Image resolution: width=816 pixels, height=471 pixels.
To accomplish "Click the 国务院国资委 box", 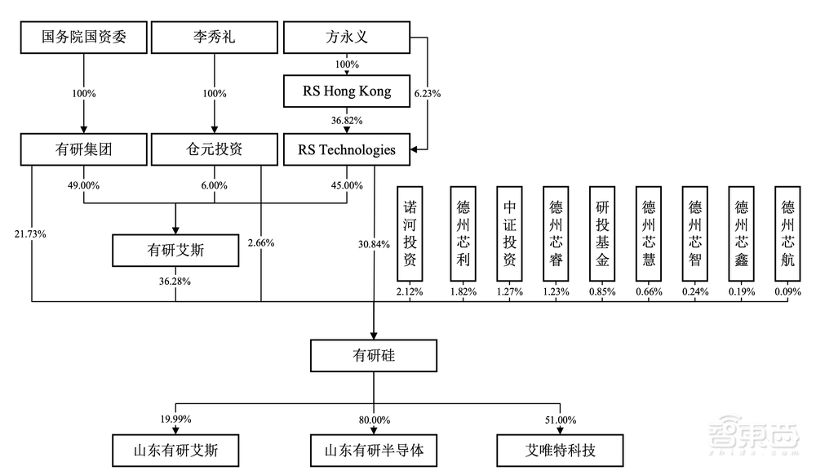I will coord(84,37).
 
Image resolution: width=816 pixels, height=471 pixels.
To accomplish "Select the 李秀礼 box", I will coord(215,37).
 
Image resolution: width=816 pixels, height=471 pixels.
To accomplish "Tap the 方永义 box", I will coord(348,37).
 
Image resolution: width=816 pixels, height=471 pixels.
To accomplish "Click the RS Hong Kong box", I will coord(348,91).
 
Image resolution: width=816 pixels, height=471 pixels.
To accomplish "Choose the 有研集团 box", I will coord(84,150).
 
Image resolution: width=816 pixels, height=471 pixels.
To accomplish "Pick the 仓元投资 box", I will coord(215,150).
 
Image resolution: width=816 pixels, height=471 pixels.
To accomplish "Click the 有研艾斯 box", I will coord(175,251).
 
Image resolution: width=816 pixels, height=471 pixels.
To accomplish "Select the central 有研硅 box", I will coord(375,357).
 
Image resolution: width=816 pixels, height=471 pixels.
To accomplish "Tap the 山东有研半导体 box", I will coord(375,448).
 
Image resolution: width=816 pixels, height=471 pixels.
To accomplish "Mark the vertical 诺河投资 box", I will coord(410,235).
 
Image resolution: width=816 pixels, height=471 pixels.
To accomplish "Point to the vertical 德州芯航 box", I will coord(788,235).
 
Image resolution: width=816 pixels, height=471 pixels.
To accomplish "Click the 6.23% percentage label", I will coord(428,94).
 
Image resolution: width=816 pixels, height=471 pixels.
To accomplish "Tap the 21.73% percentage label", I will coord(30,234).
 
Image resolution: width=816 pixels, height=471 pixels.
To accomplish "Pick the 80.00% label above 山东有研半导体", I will coord(375,420).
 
